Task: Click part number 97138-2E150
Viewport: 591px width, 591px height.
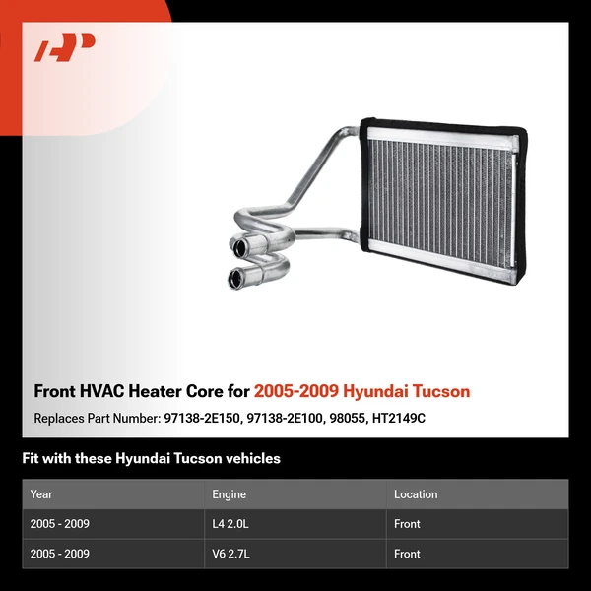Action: click(201, 418)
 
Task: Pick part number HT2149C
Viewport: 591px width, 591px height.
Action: click(398, 418)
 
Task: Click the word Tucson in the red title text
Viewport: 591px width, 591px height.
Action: click(441, 391)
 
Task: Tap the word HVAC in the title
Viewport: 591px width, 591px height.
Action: click(101, 391)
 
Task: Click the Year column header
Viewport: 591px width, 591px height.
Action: click(41, 494)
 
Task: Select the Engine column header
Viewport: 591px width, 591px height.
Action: click(230, 494)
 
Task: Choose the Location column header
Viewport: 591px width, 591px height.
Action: click(416, 494)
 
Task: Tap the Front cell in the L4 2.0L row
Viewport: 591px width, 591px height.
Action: click(408, 524)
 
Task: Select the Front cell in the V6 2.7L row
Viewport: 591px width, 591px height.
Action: click(408, 554)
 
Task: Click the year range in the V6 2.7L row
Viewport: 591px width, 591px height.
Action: click(60, 554)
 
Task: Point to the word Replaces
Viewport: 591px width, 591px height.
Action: click(61, 418)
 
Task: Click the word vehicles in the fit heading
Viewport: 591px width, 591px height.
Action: click(250, 458)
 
